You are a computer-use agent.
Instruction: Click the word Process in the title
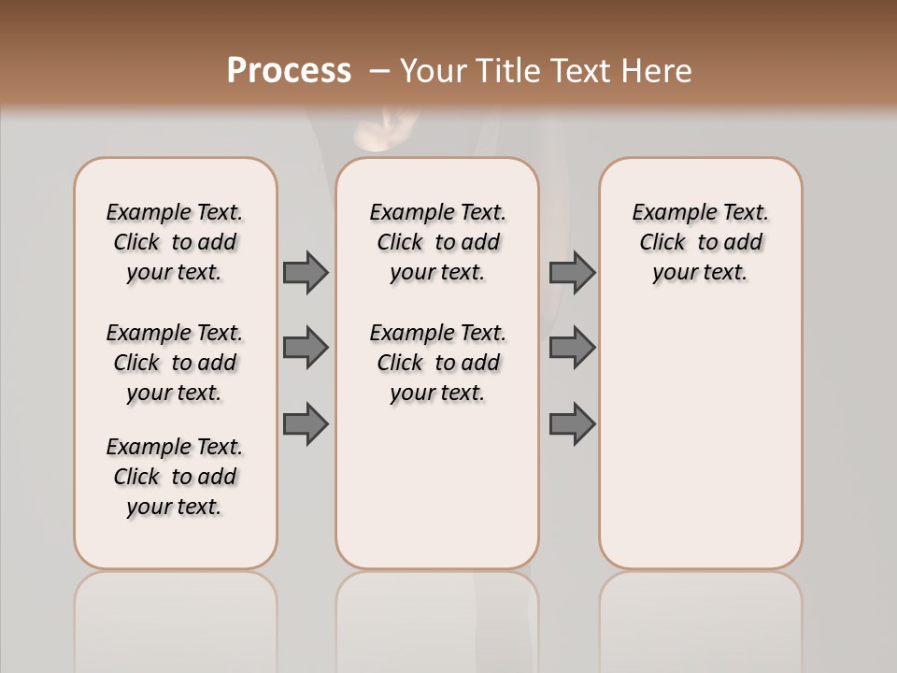[x=289, y=71]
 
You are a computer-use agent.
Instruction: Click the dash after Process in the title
[x=379, y=72]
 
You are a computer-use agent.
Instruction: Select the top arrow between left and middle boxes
[x=306, y=273]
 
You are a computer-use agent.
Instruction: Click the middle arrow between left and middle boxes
[x=306, y=348]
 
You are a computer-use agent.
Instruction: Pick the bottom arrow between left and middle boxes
[x=306, y=424]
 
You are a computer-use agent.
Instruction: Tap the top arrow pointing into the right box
[x=572, y=273]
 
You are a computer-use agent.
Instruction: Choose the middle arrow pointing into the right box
[x=572, y=348]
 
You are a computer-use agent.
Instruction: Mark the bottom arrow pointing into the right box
[x=572, y=424]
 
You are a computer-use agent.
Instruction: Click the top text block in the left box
[x=175, y=242]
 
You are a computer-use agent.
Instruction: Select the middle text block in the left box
[x=175, y=363]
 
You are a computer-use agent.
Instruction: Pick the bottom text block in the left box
[x=175, y=477]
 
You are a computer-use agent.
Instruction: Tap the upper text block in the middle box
[x=437, y=242]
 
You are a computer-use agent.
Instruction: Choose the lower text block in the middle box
[x=437, y=363]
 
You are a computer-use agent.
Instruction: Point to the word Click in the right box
[x=662, y=243]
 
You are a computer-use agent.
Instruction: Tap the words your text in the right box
[x=700, y=273]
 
